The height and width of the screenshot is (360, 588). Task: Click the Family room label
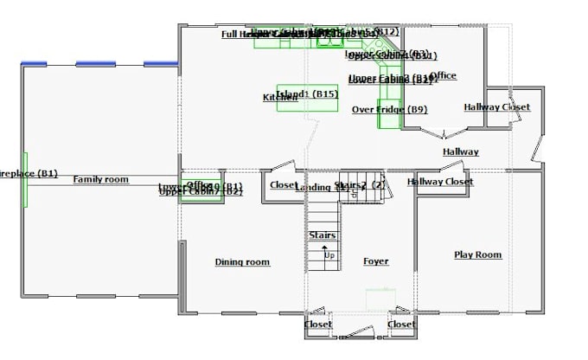coord(100,179)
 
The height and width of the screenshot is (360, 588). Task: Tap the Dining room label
coord(242,262)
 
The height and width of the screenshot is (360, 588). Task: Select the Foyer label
coord(375,261)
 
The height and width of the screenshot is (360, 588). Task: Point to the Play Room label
coord(477,254)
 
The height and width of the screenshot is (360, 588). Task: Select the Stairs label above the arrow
coord(322,235)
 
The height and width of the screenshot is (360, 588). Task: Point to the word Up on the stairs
coord(329,255)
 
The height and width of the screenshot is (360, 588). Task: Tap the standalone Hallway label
coord(460,152)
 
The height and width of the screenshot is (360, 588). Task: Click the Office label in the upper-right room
coord(443,76)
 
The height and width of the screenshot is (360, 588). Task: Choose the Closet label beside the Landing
coord(282,185)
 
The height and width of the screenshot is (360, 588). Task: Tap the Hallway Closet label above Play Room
coord(440,182)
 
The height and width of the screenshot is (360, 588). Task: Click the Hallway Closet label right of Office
coord(496,107)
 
